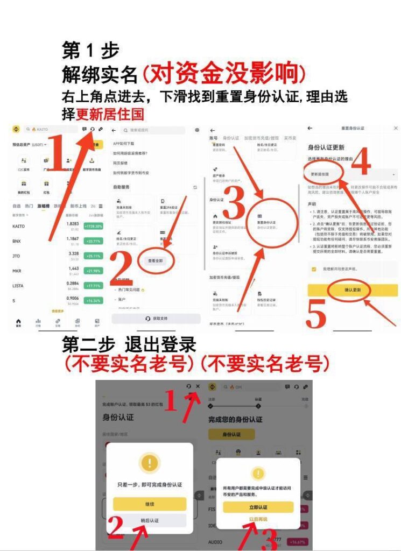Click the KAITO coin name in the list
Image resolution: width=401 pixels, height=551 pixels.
pyautogui.click(x=18, y=226)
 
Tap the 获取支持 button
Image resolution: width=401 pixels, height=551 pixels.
pyautogui.click(x=156, y=319)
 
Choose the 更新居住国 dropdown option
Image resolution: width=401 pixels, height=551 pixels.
pyautogui.click(x=321, y=175)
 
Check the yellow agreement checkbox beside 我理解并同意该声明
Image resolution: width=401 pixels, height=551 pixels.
pyautogui.click(x=313, y=269)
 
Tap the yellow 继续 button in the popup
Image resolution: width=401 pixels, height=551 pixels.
pyautogui.click(x=150, y=504)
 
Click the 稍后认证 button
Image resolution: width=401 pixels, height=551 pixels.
pyautogui.click(x=150, y=520)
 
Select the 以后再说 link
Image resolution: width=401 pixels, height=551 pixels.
pyautogui.click(x=258, y=519)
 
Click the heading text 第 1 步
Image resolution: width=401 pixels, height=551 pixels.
pyautogui.click(x=90, y=51)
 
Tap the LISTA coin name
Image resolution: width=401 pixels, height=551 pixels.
pyautogui.click(x=18, y=286)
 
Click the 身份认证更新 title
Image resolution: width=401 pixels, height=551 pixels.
pyautogui.click(x=326, y=147)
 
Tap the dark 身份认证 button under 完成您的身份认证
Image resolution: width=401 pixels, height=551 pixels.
pyautogui.click(x=231, y=434)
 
